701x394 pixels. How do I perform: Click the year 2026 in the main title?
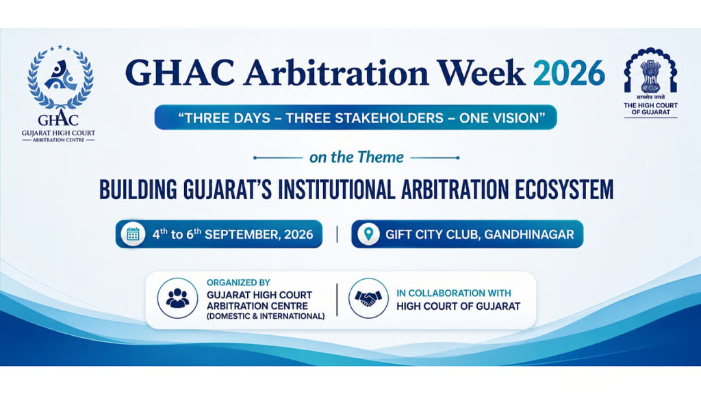point(569,73)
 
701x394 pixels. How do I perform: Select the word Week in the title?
point(481,73)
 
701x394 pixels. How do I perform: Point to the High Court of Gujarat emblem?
point(650,71)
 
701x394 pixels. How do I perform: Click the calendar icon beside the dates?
point(133,234)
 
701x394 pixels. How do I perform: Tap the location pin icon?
point(368,234)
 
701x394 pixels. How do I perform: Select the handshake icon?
point(368,298)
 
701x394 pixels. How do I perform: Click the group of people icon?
point(177,298)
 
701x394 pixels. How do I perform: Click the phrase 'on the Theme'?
point(356,157)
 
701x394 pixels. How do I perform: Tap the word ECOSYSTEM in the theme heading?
point(564,189)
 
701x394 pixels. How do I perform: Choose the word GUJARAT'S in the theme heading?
point(227,189)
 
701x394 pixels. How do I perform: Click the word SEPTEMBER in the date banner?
point(242,235)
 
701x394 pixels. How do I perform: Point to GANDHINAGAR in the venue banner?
point(529,235)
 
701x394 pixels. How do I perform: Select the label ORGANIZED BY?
point(238,283)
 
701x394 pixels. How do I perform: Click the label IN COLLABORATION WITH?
point(453,293)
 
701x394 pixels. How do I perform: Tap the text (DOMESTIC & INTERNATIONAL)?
point(266,316)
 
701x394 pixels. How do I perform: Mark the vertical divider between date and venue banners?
point(337,234)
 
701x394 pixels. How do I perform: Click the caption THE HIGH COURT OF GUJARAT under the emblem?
point(650,109)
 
